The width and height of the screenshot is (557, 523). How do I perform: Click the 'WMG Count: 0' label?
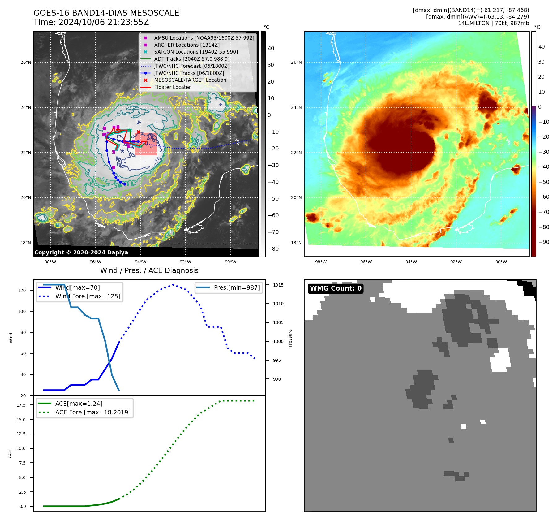coord(336,288)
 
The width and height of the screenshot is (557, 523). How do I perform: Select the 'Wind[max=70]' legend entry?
coord(77,287)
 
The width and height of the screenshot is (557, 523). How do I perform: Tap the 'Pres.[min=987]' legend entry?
coord(237,287)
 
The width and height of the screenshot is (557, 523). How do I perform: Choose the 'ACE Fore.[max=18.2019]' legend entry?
coord(93,412)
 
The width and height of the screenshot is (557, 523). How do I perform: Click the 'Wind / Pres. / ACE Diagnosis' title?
coord(149,270)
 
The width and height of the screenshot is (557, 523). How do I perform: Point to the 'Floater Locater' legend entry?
coord(172,87)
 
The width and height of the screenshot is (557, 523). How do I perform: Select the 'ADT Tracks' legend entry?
coord(192,59)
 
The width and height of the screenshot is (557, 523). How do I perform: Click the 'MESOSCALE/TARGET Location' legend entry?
coord(190,80)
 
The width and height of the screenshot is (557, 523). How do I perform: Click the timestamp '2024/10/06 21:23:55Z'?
coord(104,22)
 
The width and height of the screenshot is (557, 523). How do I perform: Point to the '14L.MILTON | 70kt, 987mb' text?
coord(493,23)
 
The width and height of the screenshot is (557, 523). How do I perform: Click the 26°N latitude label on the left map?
coord(26,62)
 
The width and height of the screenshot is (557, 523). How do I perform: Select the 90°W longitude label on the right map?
coord(501,262)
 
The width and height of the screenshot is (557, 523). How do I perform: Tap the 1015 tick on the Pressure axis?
coord(278,285)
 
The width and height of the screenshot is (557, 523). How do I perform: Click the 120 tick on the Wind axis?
coord(22,290)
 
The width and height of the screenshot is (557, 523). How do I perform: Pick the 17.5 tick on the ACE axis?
coord(21,405)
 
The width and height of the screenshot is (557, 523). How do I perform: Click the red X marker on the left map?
coord(139,132)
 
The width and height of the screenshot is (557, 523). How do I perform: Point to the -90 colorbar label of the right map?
coord(544,242)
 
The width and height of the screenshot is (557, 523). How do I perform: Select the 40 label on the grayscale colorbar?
coord(271,48)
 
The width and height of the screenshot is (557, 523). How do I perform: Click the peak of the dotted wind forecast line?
coord(173,284)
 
